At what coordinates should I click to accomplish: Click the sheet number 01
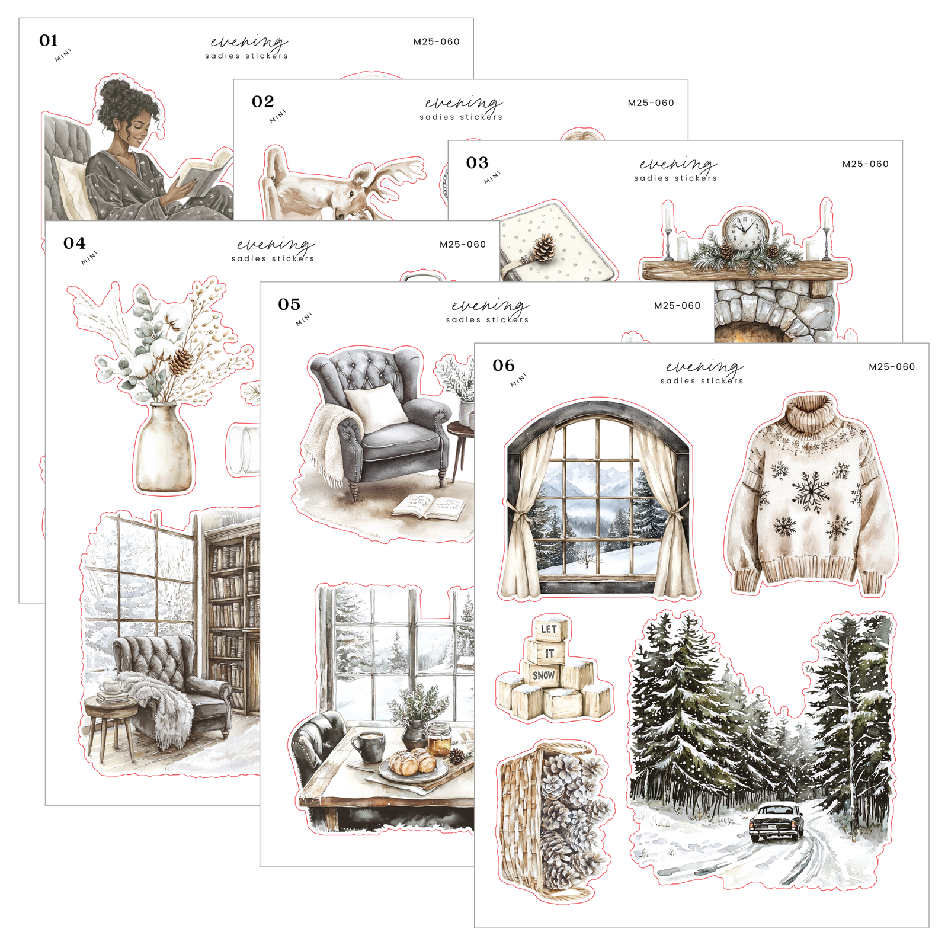[x=49, y=41]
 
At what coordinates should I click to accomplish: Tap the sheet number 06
[x=504, y=366]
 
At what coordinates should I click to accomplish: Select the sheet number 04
[x=75, y=244]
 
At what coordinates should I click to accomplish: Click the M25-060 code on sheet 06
[x=892, y=367]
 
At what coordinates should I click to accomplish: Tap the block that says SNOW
[x=543, y=675]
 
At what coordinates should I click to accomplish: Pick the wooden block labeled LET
[x=549, y=629]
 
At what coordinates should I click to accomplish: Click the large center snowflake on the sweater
[x=811, y=491]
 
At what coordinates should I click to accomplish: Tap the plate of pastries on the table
[x=413, y=766]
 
